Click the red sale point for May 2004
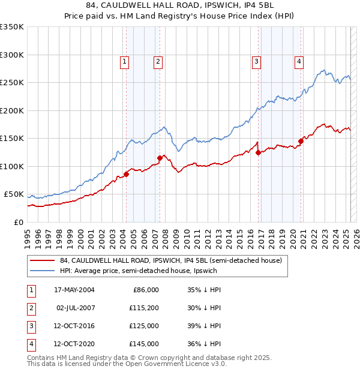127,174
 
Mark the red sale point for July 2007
160,158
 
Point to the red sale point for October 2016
258,152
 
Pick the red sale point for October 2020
301,142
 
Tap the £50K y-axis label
14,194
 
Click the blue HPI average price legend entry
138,271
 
